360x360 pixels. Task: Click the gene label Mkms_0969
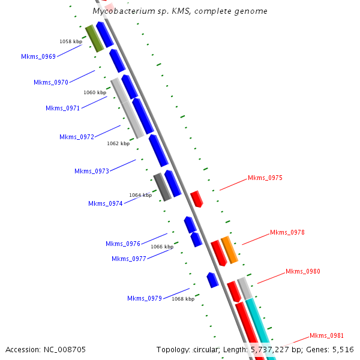click(x=38, y=56)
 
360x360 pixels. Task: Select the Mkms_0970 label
click(x=51, y=82)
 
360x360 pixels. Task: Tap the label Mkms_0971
click(x=63, y=108)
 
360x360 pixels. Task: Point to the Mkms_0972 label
click(x=77, y=137)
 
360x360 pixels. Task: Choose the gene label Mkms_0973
click(x=92, y=171)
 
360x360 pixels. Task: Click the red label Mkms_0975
click(x=265, y=178)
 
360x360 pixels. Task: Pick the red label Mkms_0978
click(x=287, y=232)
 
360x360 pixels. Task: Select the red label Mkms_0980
click(x=303, y=271)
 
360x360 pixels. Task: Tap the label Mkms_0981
click(x=326, y=335)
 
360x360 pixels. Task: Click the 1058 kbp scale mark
click(x=71, y=41)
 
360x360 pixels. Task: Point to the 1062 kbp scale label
click(x=118, y=143)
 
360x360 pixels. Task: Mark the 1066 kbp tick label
click(x=162, y=247)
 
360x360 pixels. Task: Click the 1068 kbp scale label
click(x=183, y=298)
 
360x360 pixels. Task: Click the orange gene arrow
click(x=229, y=250)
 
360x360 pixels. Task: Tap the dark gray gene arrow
click(x=163, y=187)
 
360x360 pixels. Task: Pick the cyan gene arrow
click(x=261, y=327)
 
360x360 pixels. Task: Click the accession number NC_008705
click(x=64, y=349)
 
